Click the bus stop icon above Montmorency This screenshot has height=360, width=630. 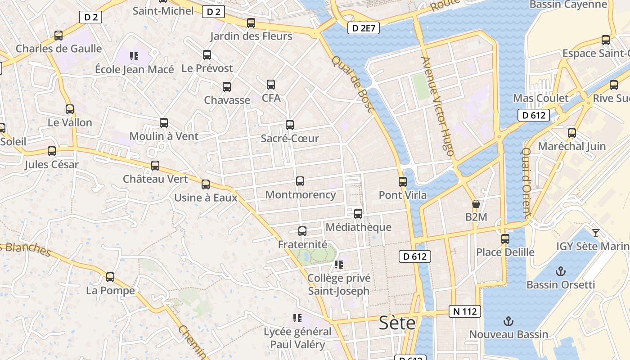300,181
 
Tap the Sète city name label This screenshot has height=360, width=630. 397,323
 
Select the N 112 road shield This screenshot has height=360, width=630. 465,311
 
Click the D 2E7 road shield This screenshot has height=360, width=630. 364,28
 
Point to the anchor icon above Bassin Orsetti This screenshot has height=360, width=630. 560,271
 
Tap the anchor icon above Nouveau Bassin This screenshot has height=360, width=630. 508,321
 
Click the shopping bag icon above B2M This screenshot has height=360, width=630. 476,204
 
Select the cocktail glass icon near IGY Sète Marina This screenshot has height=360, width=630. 596,233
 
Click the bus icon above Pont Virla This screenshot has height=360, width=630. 403,181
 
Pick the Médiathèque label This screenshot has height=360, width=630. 358,227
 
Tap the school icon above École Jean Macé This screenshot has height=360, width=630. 134,56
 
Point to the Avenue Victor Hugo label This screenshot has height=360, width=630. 437,106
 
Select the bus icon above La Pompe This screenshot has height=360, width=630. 110,277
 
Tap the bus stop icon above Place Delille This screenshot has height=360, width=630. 505,238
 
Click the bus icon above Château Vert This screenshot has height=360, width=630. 155,165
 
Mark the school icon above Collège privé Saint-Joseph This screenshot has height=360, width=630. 338,265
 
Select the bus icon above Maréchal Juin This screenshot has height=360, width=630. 571,133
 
